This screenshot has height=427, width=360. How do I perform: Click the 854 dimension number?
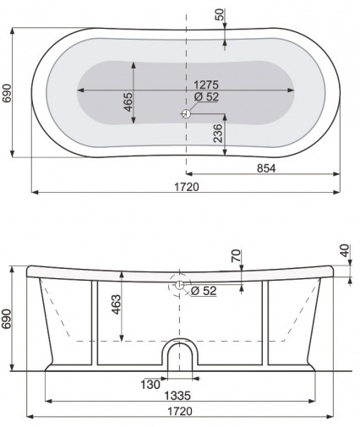[265, 168]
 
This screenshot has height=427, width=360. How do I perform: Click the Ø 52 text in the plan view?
[206, 96]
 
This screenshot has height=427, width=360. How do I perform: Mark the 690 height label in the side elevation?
[8, 319]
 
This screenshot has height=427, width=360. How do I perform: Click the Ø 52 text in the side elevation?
[204, 291]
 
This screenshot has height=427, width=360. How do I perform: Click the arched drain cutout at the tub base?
[179, 354]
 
